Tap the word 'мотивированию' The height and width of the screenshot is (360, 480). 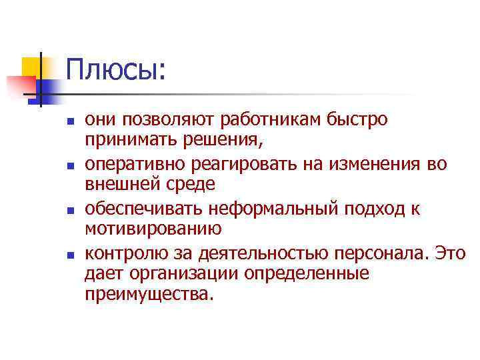pos(149,229)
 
